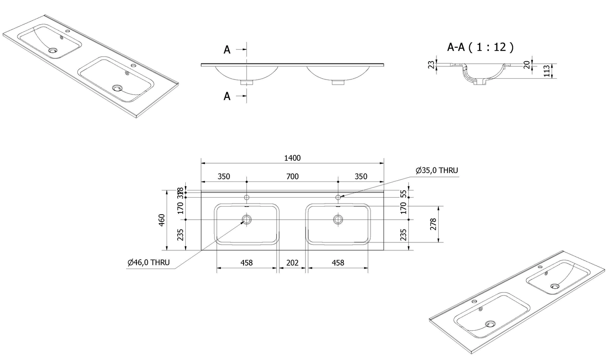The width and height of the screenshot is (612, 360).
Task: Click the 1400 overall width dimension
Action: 292,158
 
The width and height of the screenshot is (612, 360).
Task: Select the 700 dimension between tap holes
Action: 292,176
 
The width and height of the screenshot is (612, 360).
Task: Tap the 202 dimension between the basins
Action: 292,263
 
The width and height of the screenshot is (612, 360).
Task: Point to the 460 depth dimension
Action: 162,220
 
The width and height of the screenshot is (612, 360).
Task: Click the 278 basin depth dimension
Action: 433,224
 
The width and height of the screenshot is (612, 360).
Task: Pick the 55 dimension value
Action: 403,193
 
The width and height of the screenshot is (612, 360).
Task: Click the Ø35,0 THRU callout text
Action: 437,170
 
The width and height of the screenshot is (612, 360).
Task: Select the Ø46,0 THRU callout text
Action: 148,263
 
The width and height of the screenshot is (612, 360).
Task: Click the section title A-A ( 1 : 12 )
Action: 480,47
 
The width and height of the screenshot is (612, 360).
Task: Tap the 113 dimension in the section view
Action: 547,71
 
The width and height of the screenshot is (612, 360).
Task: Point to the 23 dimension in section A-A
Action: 432,65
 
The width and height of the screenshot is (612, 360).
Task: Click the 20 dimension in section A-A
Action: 527,64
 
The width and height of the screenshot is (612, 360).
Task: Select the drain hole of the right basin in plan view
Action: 338,219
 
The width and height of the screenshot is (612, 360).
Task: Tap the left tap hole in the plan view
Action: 246,197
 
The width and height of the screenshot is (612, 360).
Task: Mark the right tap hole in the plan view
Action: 338,197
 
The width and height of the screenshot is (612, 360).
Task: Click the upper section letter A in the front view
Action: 227,50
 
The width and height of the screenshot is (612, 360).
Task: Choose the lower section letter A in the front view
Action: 227,96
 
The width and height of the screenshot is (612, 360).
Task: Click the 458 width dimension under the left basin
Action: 246,263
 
